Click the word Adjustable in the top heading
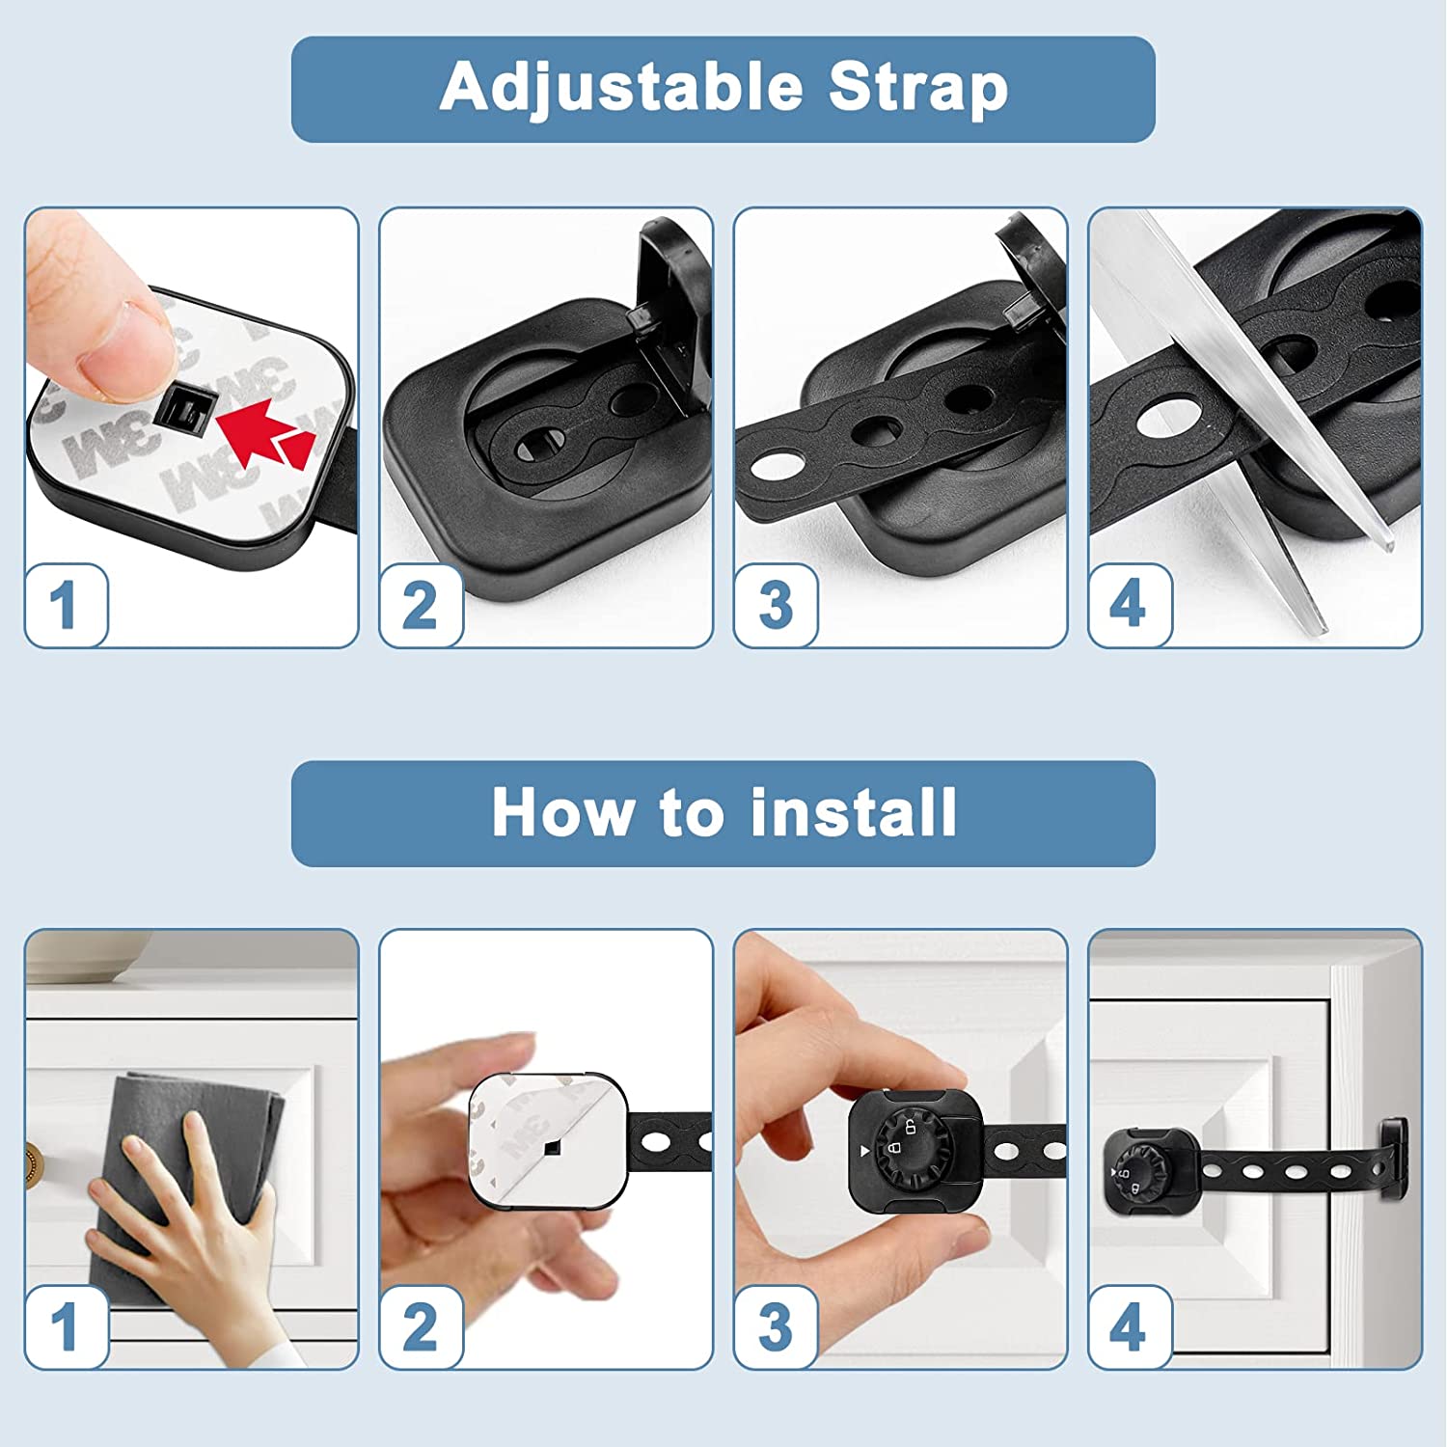[621, 89]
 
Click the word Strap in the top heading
[918, 89]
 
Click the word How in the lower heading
[562, 811]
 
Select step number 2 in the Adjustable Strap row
[420, 606]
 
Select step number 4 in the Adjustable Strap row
[1128, 605]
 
